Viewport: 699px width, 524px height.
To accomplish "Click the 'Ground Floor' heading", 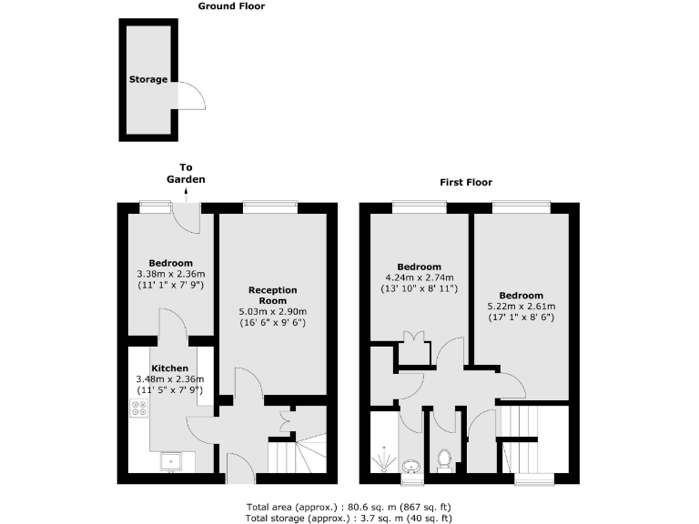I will pyautogui.click(x=231, y=6).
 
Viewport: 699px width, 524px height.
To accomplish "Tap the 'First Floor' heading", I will pyautogui.click(x=466, y=182).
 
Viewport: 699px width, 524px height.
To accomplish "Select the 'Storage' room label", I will pyautogui.click(x=147, y=80).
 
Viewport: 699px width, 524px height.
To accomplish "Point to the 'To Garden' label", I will pyautogui.click(x=186, y=173).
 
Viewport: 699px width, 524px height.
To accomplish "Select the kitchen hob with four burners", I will pyautogui.click(x=139, y=409).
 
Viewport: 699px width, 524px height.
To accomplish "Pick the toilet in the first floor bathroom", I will pyautogui.click(x=445, y=461).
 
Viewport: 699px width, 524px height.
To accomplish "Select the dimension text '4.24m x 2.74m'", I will pyautogui.click(x=420, y=277).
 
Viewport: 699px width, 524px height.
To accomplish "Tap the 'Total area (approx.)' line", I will pyautogui.click(x=349, y=506).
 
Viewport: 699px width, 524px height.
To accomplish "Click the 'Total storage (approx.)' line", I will pyautogui.click(x=349, y=518).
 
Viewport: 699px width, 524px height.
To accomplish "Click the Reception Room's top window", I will pyautogui.click(x=270, y=207).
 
